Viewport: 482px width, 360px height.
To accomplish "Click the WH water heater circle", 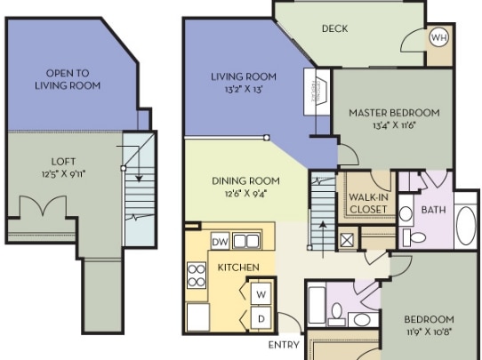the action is click(x=438, y=38).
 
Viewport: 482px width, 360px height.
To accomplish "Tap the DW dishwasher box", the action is click(x=221, y=241).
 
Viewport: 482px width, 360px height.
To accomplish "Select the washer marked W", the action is click(x=261, y=294).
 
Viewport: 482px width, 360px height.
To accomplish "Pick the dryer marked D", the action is click(x=261, y=318).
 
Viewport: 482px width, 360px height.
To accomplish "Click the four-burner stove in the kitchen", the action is click(x=197, y=276).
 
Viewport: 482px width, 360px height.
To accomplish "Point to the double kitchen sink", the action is click(x=246, y=241).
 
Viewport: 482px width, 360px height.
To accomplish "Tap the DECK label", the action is click(x=334, y=28).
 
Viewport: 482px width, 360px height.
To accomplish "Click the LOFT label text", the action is click(x=63, y=162).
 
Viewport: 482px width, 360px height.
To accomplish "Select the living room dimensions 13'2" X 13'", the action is click(x=245, y=90).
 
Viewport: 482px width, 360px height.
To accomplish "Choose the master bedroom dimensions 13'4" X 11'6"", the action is click(x=394, y=125).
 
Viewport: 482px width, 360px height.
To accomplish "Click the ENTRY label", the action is click(x=284, y=345).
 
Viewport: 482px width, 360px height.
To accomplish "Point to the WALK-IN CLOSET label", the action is click(x=368, y=203).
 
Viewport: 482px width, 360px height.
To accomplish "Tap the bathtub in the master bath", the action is click(x=466, y=225).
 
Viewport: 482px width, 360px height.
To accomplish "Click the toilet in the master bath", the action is click(x=414, y=236).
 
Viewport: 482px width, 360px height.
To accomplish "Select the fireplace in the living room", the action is click(x=317, y=92).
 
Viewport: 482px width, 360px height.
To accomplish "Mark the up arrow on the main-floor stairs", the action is click(x=323, y=239).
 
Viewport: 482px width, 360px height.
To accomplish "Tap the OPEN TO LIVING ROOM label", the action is click(x=68, y=79).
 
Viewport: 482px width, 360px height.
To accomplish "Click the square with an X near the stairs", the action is click(x=347, y=240).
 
